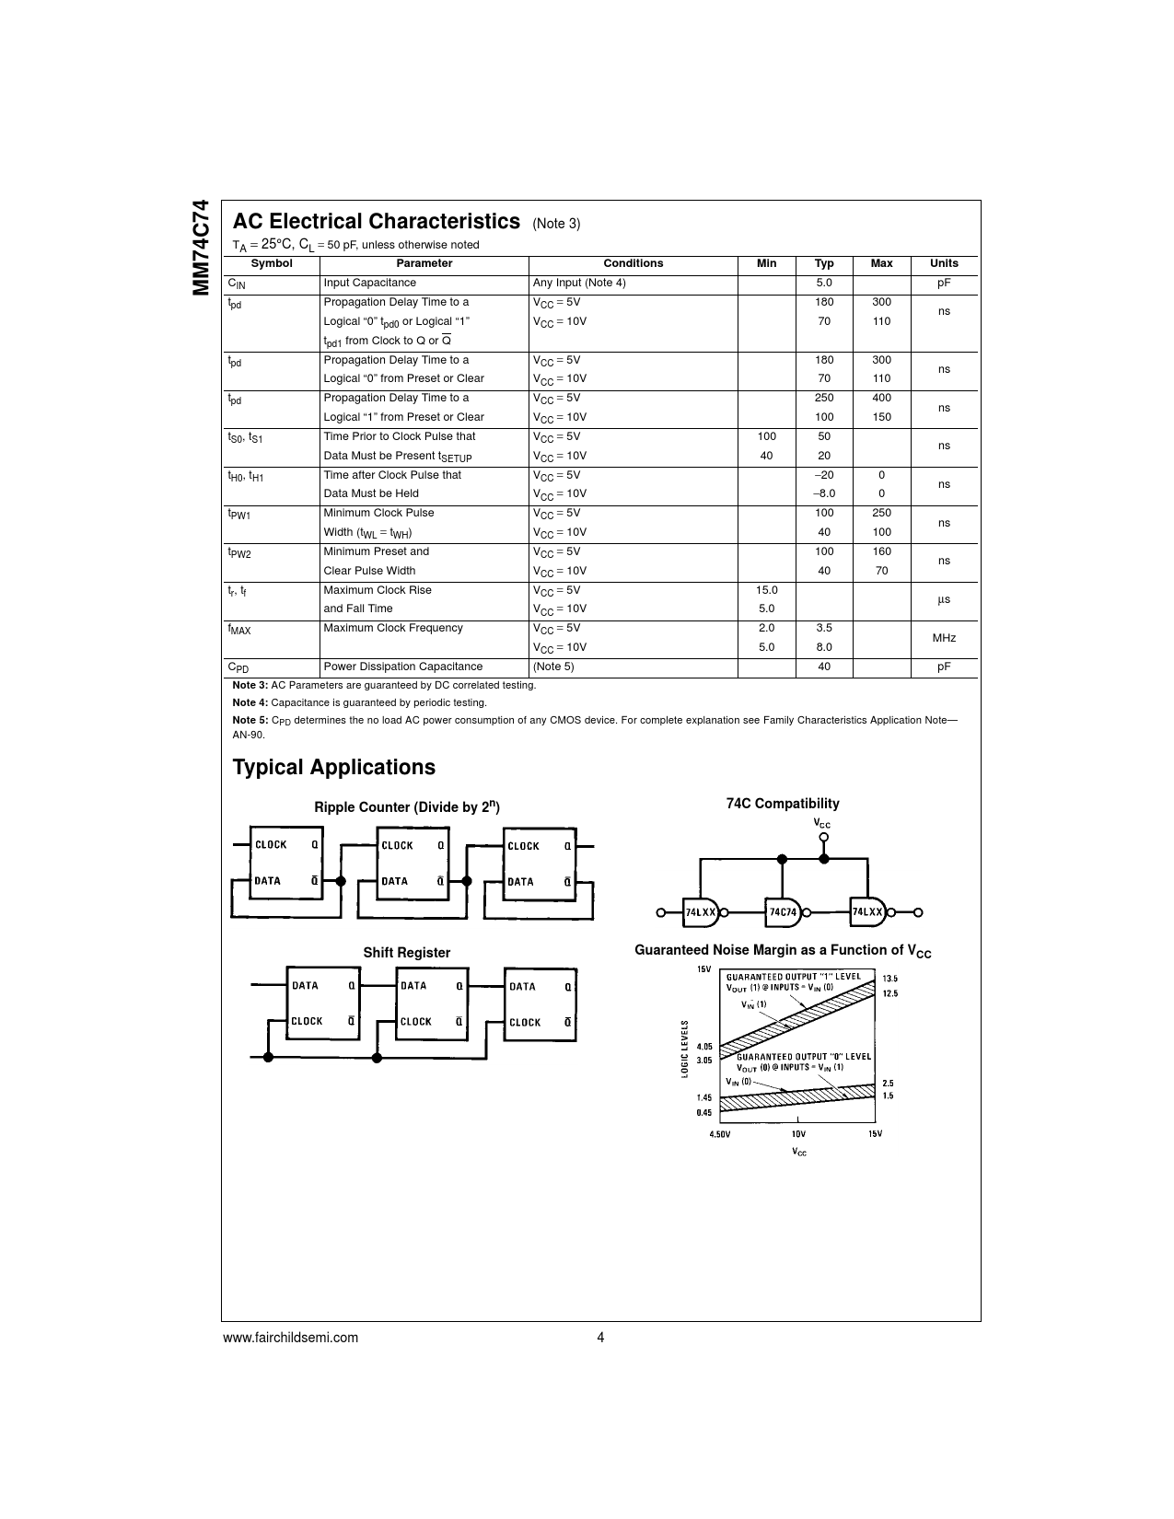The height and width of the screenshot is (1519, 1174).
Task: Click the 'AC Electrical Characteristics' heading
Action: click(376, 222)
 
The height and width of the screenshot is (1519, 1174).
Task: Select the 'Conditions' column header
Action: click(633, 263)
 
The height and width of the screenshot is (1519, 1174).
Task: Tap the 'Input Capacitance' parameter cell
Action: click(369, 283)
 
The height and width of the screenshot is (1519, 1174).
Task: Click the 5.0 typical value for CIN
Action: click(823, 283)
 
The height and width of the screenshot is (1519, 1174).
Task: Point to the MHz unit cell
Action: click(943, 638)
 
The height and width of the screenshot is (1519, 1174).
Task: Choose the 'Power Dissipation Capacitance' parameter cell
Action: click(402, 667)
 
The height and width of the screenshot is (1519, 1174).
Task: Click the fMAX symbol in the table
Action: click(239, 630)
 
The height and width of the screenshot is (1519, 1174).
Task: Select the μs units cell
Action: click(943, 599)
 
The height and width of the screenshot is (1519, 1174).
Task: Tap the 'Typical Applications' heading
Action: click(333, 768)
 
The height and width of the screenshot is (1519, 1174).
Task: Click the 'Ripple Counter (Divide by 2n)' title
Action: click(406, 807)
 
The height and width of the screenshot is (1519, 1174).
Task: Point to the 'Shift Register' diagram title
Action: click(406, 953)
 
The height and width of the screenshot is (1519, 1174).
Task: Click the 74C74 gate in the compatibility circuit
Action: click(783, 912)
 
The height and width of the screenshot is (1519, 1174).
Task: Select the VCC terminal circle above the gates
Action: click(823, 837)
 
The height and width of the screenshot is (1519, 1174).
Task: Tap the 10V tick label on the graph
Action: click(797, 1133)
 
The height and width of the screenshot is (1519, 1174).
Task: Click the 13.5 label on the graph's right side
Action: click(889, 979)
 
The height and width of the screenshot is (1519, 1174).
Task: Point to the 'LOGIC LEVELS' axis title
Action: click(685, 1049)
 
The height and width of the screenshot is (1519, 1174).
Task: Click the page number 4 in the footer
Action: click(600, 1338)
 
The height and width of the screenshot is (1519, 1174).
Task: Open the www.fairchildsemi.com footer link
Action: click(290, 1338)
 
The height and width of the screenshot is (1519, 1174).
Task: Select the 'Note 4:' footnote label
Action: click(250, 702)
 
